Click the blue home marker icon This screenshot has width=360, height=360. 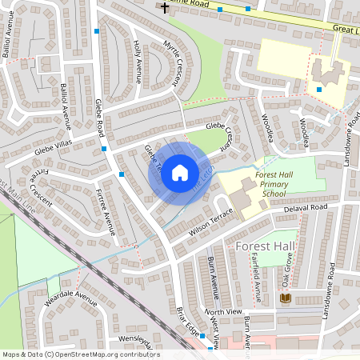pyautogui.click(x=180, y=173)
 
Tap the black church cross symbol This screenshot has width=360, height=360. pyautogui.click(x=166, y=7)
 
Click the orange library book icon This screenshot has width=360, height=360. pyautogui.click(x=286, y=298)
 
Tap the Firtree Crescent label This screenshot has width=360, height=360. pyautogui.click(x=38, y=187)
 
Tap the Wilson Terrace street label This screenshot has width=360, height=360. pyautogui.click(x=209, y=222)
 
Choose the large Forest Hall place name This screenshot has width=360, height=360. pyautogui.click(x=266, y=246)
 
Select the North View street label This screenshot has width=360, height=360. pyautogui.click(x=222, y=311)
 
